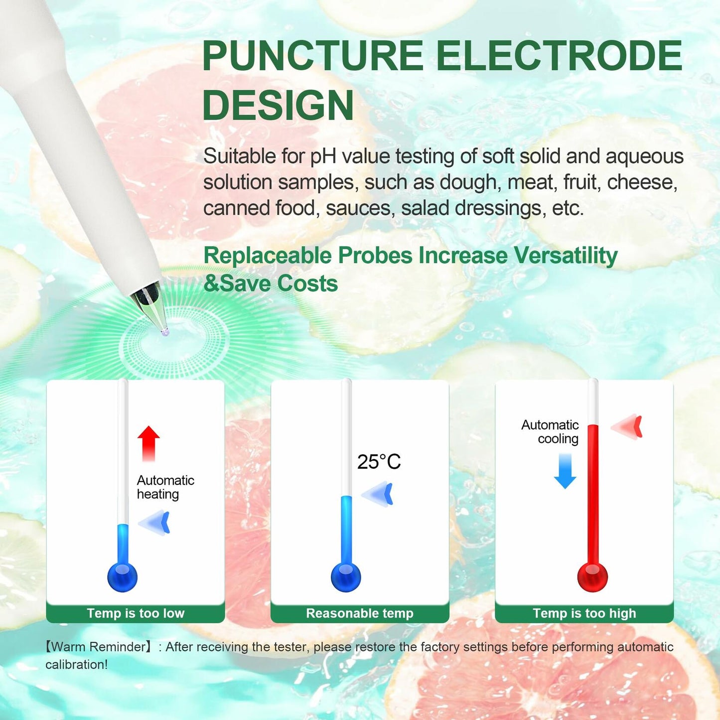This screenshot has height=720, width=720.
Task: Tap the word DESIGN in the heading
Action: (x=278, y=105)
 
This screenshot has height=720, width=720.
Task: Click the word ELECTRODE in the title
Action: (x=559, y=56)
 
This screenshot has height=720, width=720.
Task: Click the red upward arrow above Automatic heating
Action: (x=148, y=442)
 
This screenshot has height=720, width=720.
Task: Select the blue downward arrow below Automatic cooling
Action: (x=565, y=471)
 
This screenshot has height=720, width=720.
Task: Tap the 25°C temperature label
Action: (x=379, y=462)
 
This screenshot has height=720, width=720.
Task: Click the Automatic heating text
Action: (x=165, y=487)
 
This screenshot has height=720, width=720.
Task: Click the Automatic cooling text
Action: (x=551, y=432)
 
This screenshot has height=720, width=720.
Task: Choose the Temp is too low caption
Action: (x=136, y=613)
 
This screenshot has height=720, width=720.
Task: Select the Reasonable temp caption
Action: (x=360, y=613)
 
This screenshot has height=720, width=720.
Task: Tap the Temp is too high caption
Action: (x=584, y=613)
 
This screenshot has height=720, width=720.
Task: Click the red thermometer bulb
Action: (x=592, y=577)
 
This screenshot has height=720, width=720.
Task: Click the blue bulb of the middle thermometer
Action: (x=346, y=577)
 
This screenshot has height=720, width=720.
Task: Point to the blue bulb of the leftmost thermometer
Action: (x=122, y=577)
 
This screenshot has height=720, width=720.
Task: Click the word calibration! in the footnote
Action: (x=76, y=665)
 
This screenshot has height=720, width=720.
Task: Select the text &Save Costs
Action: (x=271, y=284)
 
